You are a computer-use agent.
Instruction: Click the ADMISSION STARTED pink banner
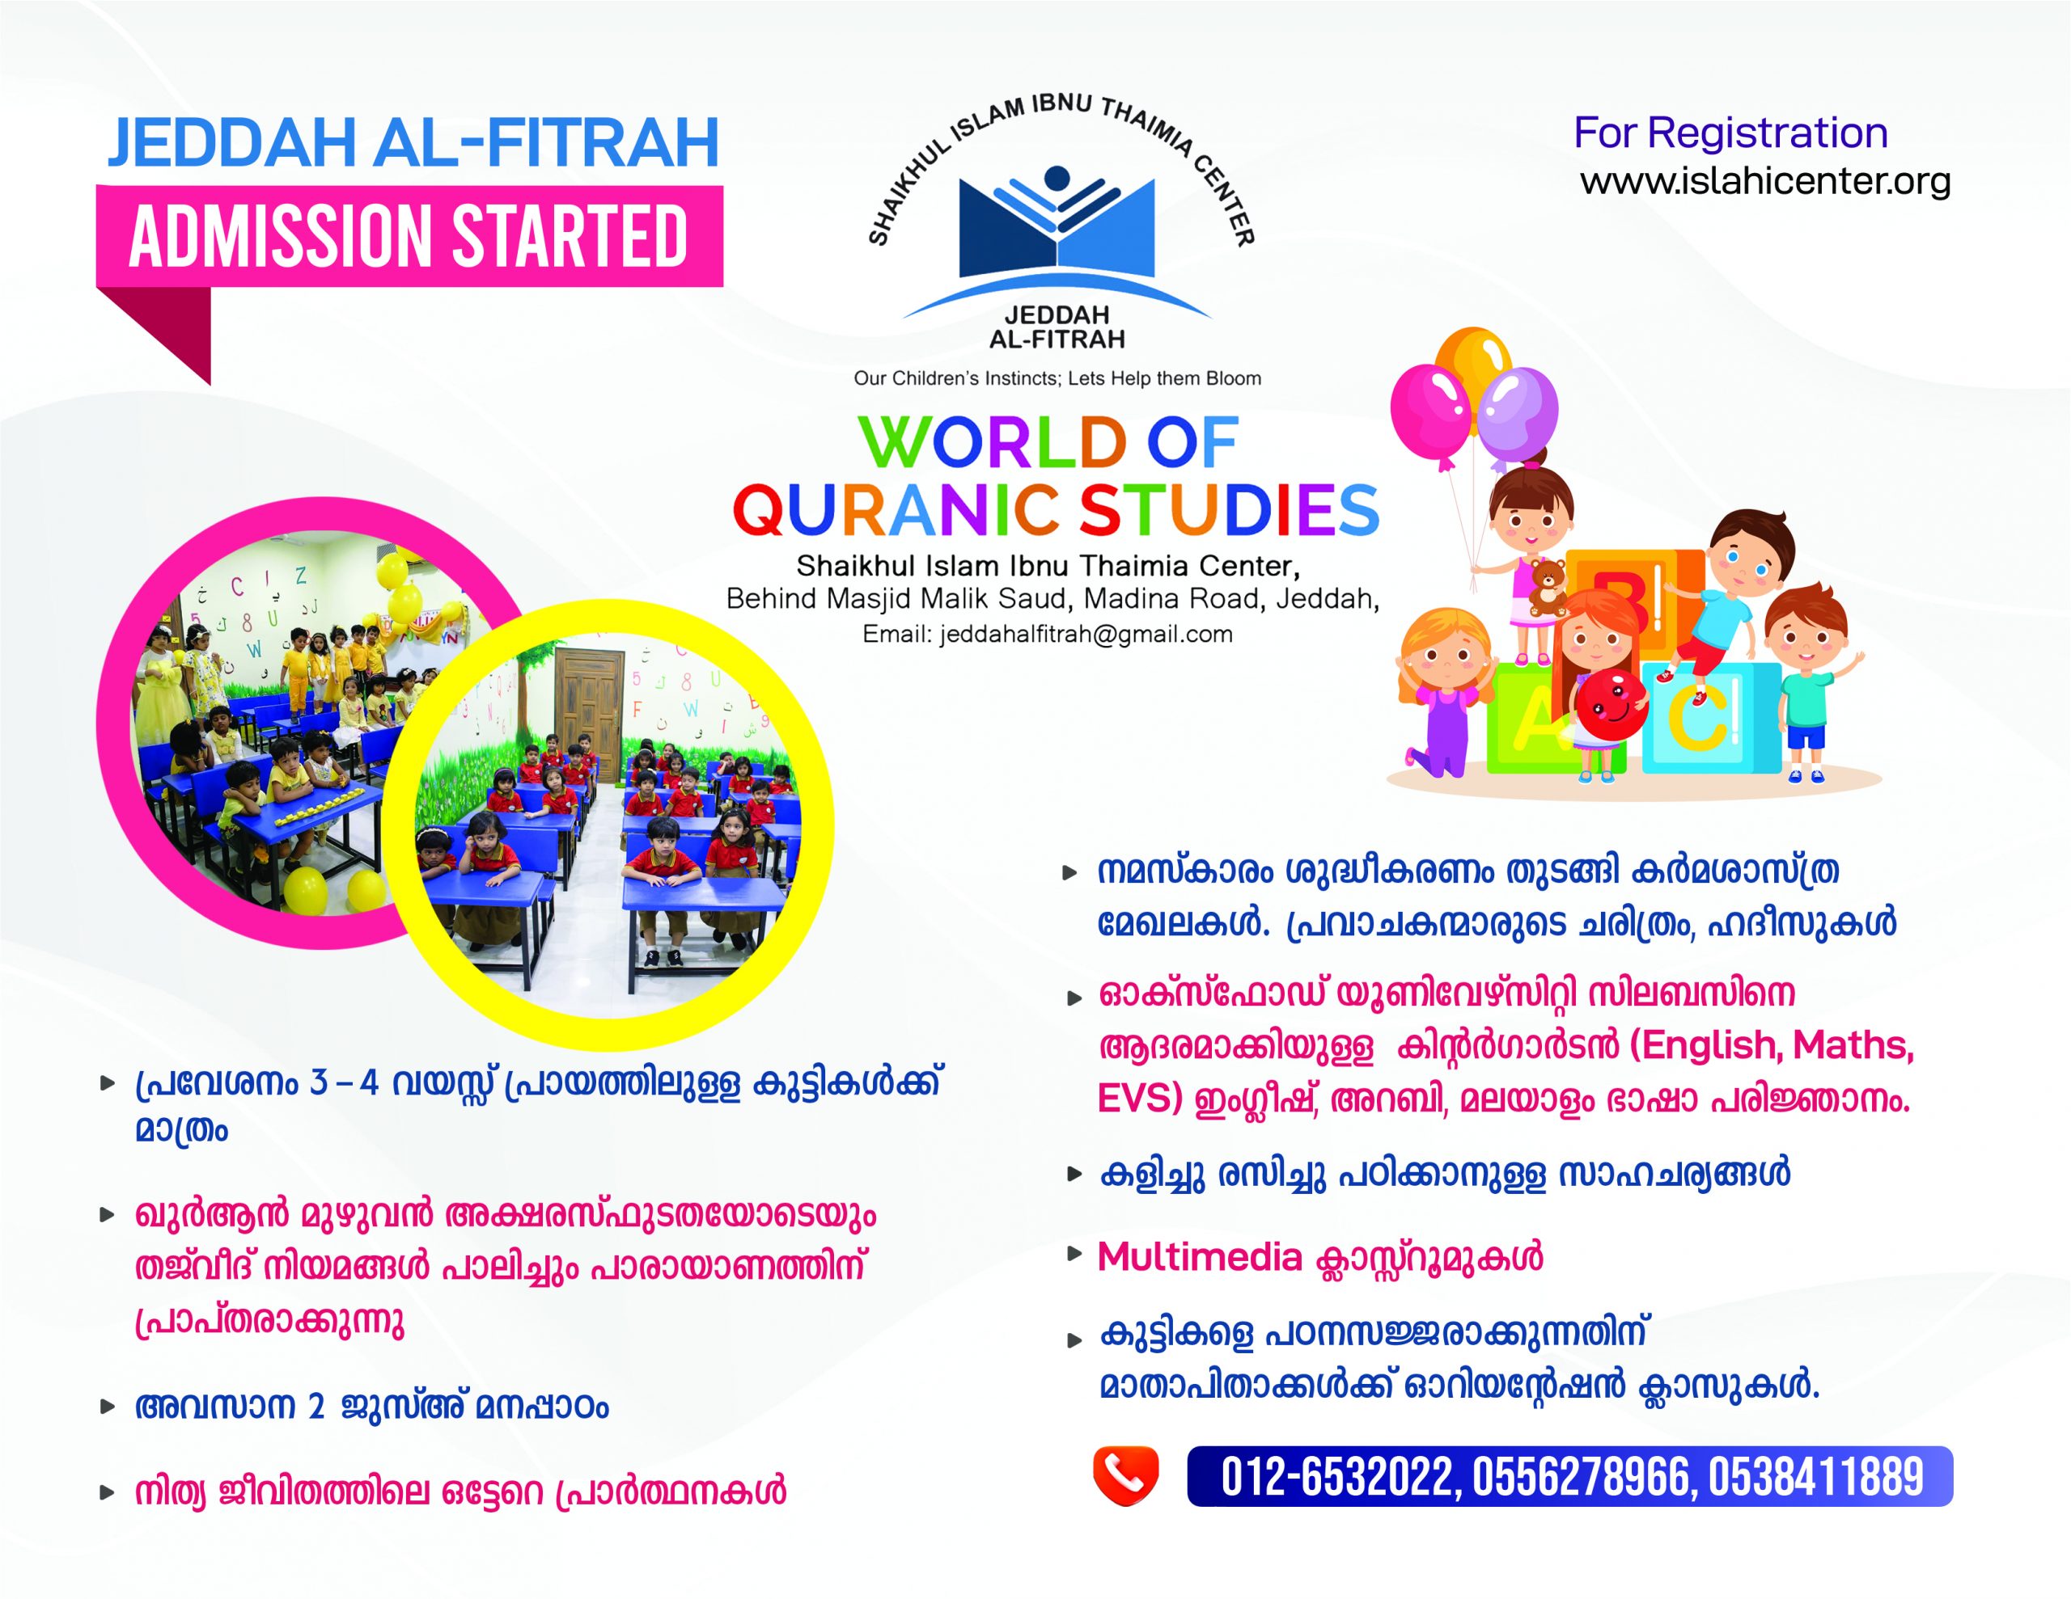coord(409,236)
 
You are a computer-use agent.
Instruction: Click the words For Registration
coord(1730,133)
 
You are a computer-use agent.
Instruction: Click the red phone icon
coord(1125,1476)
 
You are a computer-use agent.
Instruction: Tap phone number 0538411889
coord(1815,1477)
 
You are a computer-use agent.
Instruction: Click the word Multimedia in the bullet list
coord(1200,1257)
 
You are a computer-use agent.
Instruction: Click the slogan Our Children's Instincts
coord(1057,378)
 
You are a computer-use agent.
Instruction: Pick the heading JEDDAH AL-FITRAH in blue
coord(413,143)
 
